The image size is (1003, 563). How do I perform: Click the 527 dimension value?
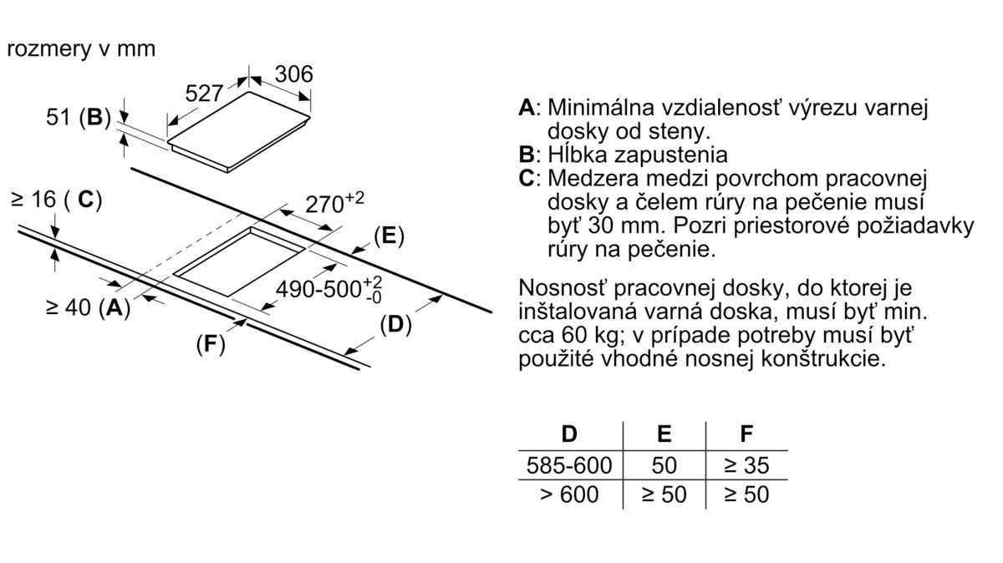(203, 94)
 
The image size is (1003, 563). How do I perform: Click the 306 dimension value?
(294, 74)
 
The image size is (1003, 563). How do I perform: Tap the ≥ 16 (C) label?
(56, 200)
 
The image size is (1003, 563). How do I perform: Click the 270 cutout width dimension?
(332, 203)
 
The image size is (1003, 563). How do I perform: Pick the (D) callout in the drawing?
(395, 325)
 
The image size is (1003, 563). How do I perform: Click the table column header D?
(569, 434)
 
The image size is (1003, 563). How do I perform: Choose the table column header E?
(664, 434)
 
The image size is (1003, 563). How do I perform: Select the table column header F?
(746, 434)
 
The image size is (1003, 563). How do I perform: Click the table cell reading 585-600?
(569, 464)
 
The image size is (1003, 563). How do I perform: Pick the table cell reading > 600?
(569, 495)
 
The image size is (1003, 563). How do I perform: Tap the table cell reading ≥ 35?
(746, 464)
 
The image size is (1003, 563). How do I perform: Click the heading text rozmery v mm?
(81, 48)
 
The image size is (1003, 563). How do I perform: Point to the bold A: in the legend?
(527, 109)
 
